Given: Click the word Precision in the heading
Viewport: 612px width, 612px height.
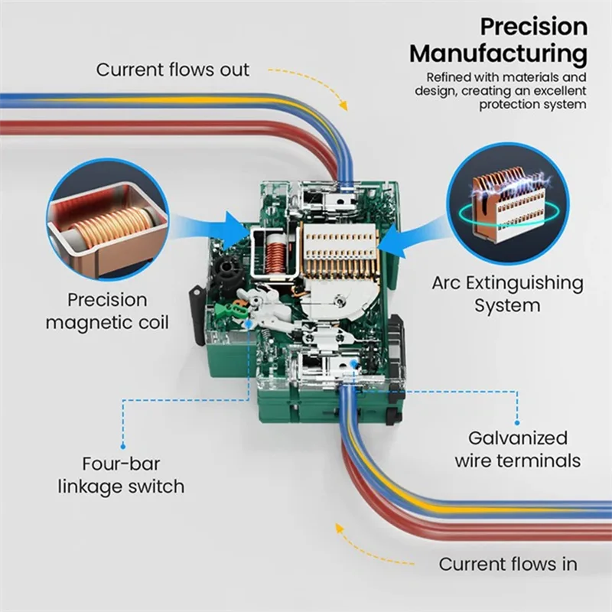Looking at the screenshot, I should click(533, 28).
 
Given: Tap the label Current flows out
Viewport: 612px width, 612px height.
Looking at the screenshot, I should click(173, 70).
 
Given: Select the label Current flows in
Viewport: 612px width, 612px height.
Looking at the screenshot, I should click(508, 565).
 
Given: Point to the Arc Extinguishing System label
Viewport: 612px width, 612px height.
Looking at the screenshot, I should click(507, 294).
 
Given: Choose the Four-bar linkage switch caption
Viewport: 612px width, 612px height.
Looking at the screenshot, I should click(122, 474).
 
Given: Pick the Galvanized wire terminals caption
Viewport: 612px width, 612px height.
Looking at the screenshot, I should click(518, 449).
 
